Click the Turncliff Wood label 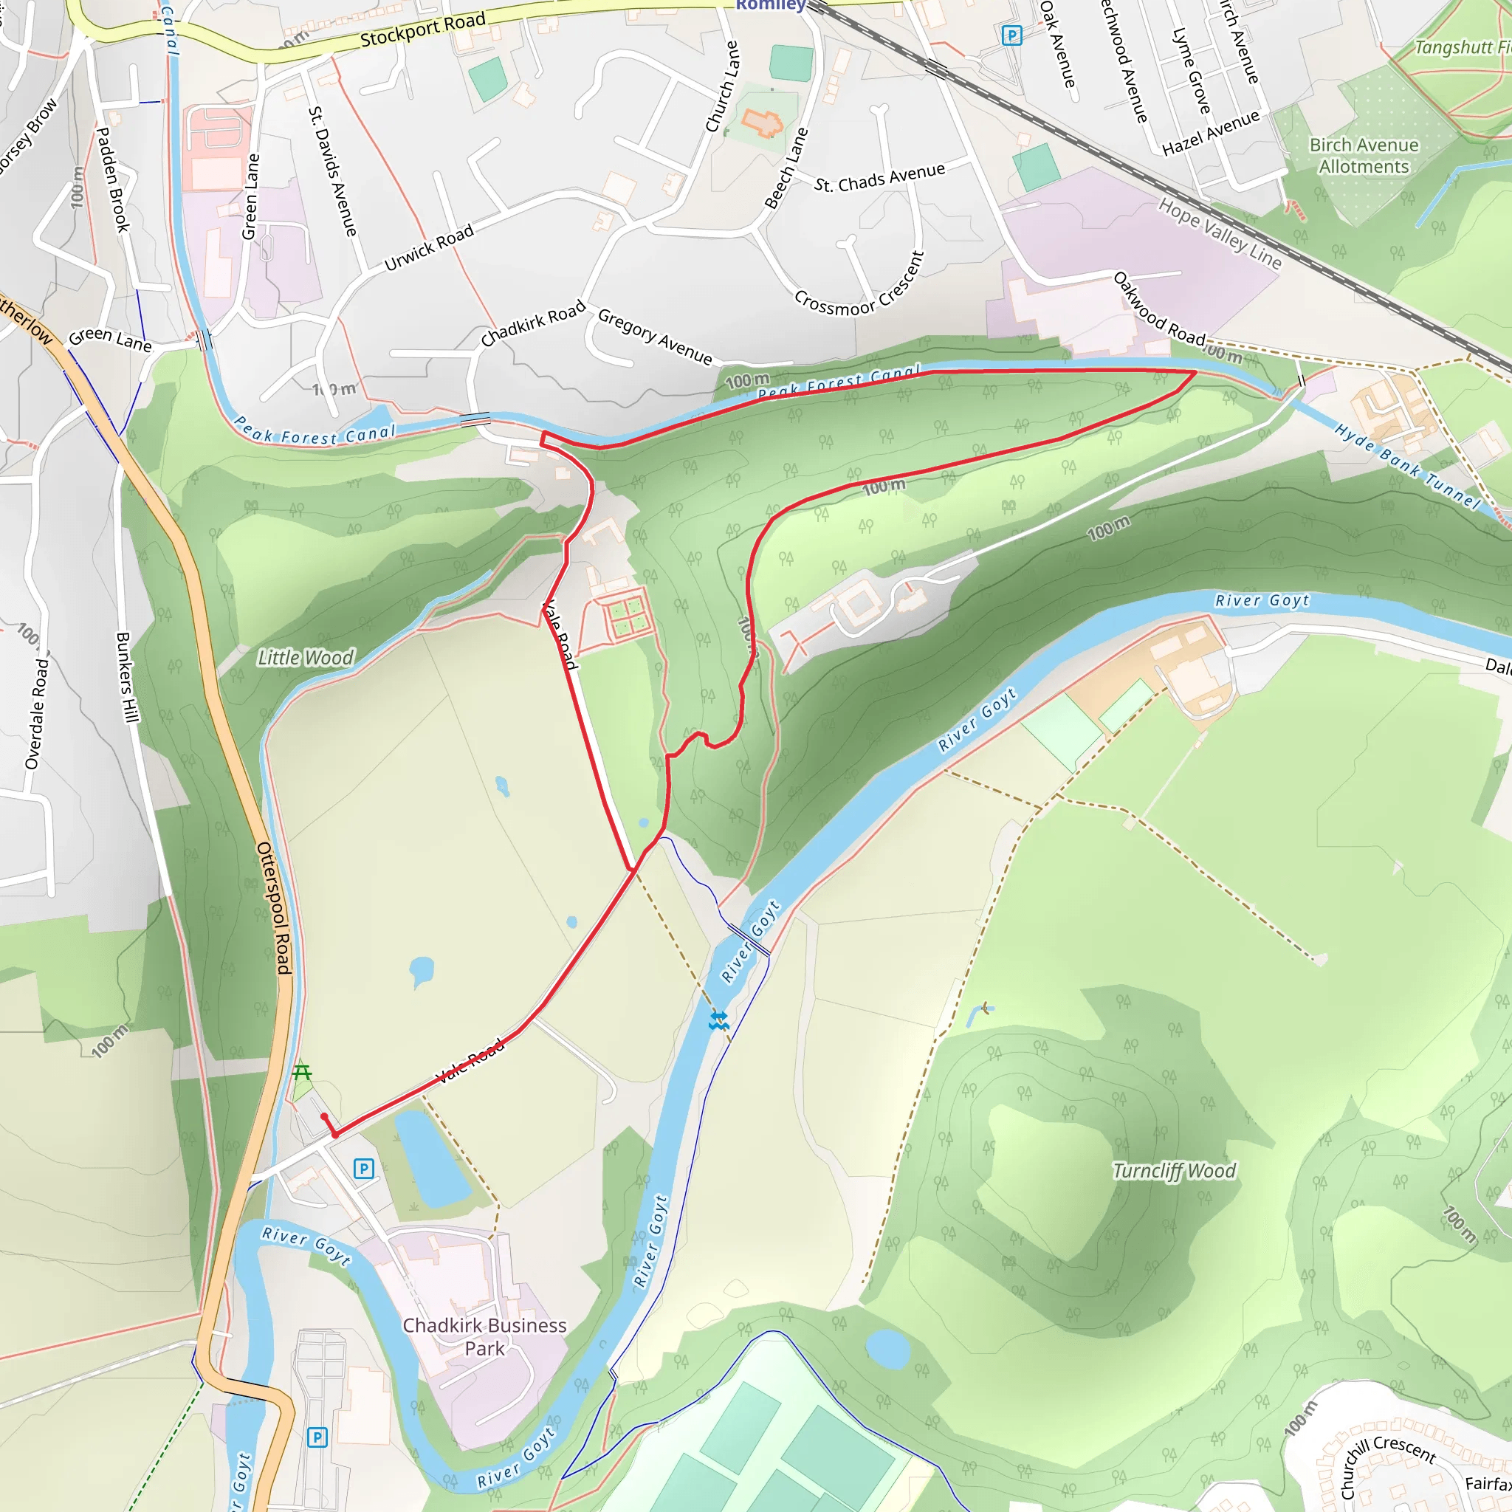coord(1174,1171)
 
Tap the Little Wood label coord(306,657)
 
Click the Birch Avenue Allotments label coord(1364,156)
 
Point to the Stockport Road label coord(422,30)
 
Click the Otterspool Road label coord(274,908)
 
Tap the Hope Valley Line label coord(1220,233)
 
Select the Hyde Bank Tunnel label coord(1406,467)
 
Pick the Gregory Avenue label coord(655,337)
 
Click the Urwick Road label coord(429,247)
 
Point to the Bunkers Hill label coord(126,677)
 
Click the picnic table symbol coord(301,1071)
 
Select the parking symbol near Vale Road coord(363,1169)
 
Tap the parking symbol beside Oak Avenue coord(1011,35)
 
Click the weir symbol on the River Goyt coord(718,1020)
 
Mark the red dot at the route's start coord(324,1117)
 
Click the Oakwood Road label coord(1159,309)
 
